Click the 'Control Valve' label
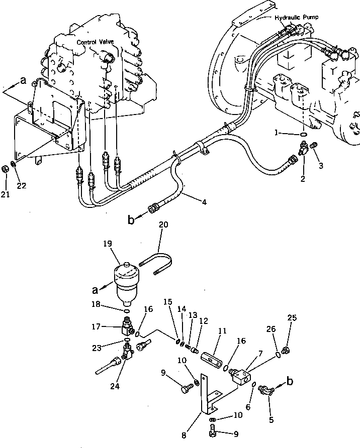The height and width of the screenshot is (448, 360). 95,43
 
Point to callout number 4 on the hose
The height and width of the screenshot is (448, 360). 204,203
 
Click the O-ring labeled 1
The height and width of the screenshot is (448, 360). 301,135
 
